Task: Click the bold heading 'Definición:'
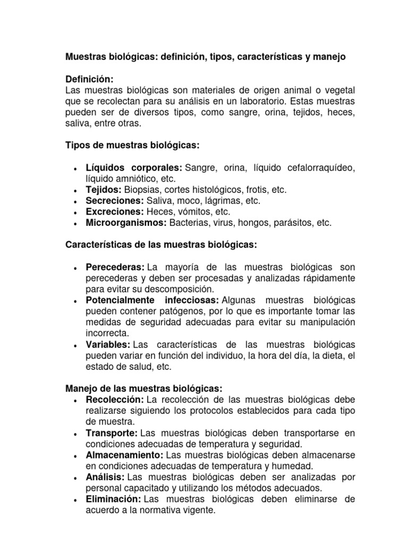(x=89, y=79)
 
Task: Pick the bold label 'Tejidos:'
(x=104, y=190)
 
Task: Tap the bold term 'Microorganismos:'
(x=126, y=223)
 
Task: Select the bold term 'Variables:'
(x=108, y=345)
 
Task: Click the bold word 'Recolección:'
(x=114, y=399)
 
